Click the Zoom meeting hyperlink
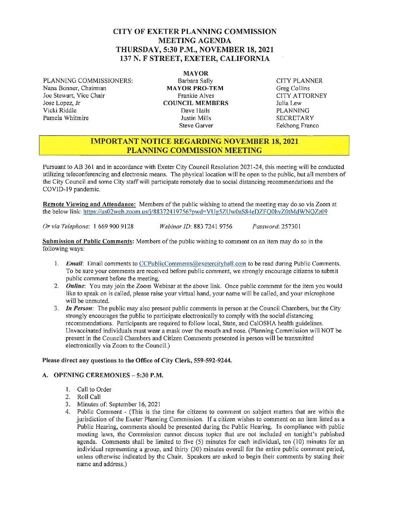[205, 212]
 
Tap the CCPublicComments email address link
[193, 264]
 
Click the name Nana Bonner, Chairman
[74, 88]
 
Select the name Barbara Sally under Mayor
[195, 81]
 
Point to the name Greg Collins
[293, 88]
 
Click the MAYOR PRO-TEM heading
[195, 88]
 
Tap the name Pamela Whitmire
[66, 118]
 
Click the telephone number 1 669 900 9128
[113, 226]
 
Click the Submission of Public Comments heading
[88, 241]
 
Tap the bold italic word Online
[75, 286]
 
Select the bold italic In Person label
[79, 308]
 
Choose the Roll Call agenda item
[89, 397]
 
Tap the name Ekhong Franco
[297, 126]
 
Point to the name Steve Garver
[196, 126]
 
